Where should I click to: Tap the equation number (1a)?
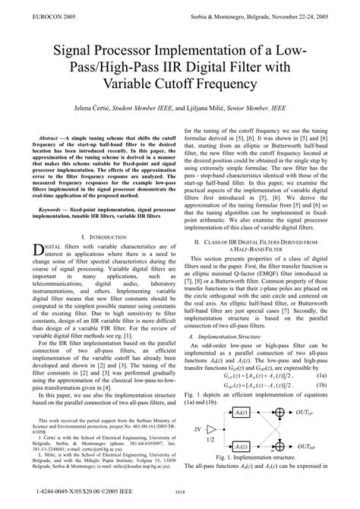tap(322, 375)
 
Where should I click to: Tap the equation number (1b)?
tap(322, 386)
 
